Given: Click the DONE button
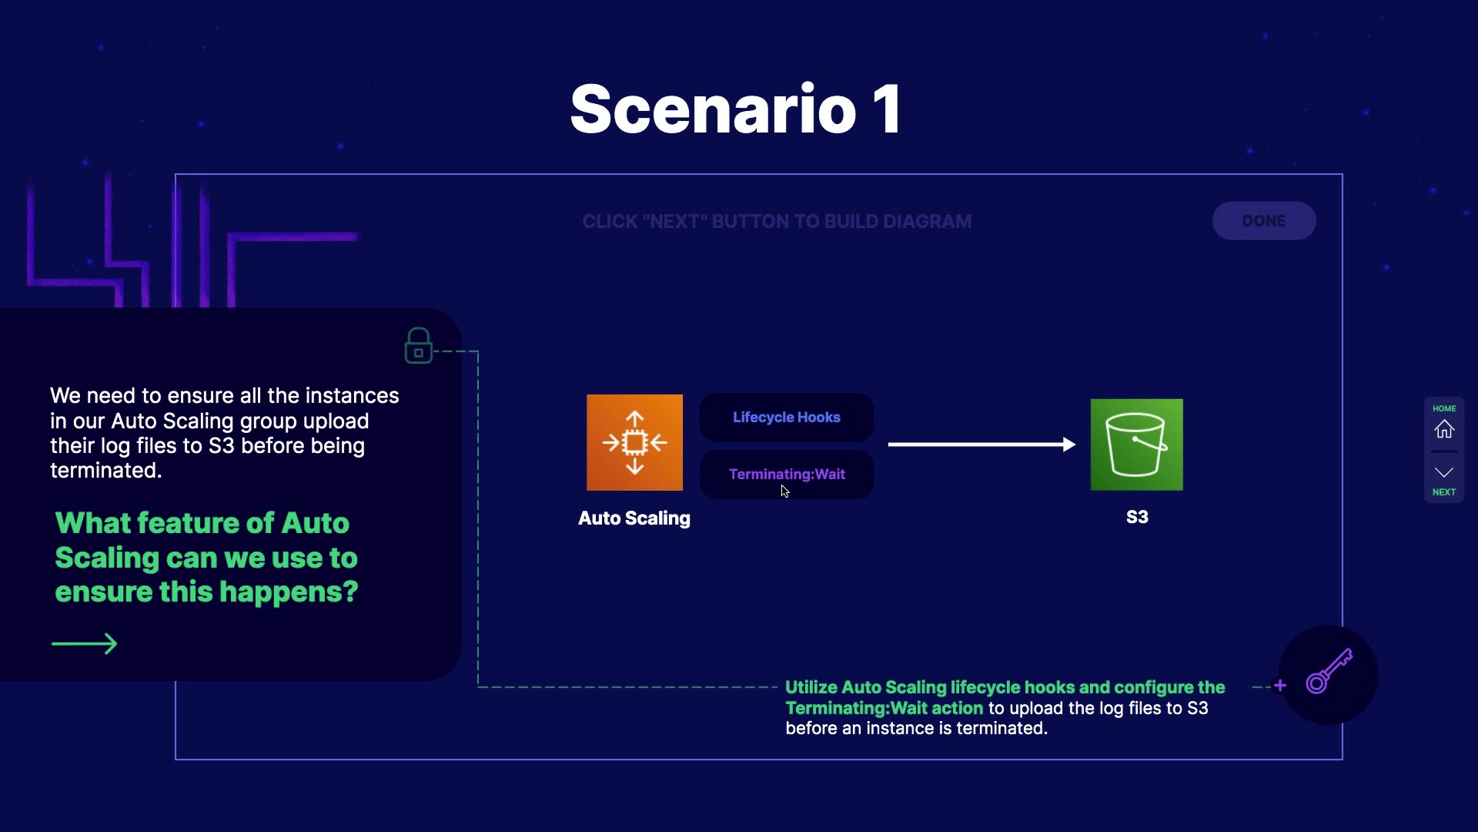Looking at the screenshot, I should (x=1263, y=221).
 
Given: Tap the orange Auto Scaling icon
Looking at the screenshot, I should (x=634, y=442).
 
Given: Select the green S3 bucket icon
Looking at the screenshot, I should (x=1136, y=445).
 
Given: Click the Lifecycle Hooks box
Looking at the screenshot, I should (x=786, y=417).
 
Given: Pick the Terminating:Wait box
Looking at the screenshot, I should (x=786, y=475).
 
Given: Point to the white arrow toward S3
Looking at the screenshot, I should (x=981, y=445).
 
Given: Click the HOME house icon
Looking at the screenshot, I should (x=1444, y=428).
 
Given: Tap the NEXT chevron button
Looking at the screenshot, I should (x=1444, y=473).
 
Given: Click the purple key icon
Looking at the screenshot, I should (x=1329, y=672).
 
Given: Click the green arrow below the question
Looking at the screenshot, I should (x=85, y=644).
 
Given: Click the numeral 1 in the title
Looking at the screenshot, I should (x=887, y=110).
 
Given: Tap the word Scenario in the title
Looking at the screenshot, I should (x=713, y=110).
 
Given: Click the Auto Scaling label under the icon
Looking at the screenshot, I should (x=634, y=518).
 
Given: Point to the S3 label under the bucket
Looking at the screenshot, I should (x=1137, y=517).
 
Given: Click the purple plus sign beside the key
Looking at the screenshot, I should (x=1280, y=686).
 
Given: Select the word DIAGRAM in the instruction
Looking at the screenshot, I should (x=927, y=222).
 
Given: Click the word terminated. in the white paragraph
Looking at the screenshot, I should (x=106, y=471).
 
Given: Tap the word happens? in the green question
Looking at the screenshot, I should (x=289, y=592).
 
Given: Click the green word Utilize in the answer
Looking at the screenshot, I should (x=811, y=687).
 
